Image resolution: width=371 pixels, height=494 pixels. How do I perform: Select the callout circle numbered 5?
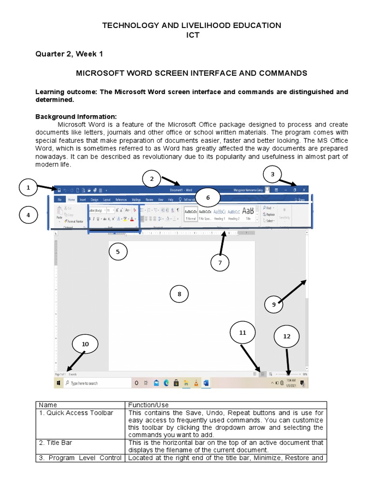coord(118,251)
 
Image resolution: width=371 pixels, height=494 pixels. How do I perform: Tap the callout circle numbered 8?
coord(179,294)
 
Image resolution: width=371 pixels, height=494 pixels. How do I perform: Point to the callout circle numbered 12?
coord(286,336)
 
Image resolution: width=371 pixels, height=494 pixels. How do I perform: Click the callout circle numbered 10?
coord(85,344)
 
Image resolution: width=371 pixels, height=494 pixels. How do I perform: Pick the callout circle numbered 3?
coord(272,174)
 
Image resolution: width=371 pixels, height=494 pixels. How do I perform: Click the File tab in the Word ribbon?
coord(59,199)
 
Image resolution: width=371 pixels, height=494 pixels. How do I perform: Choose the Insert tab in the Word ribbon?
coord(83,199)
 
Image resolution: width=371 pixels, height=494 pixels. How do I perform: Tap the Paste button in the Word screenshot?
coord(59,215)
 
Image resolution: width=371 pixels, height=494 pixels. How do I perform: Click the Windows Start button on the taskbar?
coord(58,383)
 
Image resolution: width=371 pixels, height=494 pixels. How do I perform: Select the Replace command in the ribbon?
coord(269,214)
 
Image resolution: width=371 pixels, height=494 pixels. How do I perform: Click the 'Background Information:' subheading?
coord(70,117)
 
